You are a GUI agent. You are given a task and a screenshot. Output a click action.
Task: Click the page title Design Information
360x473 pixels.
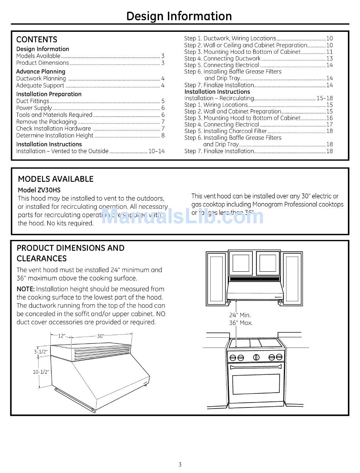[179, 16]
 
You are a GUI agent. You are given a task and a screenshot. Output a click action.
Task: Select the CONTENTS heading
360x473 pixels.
[37, 39]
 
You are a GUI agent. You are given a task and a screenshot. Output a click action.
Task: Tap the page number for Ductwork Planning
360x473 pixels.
[163, 78]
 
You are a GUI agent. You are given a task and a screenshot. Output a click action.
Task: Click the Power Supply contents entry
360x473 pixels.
[34, 108]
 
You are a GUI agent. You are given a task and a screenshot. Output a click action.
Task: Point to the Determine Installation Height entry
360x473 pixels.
[55, 135]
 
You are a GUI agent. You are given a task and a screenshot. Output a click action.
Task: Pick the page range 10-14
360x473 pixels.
[157, 151]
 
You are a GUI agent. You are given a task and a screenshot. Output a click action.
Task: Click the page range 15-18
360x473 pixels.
[324, 98]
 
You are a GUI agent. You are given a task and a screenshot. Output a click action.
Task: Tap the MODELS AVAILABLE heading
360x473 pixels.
[56, 179]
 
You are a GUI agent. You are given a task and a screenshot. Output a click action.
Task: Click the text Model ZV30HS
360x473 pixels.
[39, 190]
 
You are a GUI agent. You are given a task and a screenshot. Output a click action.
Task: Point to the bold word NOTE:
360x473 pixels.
[26, 289]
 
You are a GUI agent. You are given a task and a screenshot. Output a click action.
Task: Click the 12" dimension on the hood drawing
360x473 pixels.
[61, 336]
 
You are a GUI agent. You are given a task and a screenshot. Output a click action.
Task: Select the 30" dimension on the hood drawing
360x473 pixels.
[100, 336]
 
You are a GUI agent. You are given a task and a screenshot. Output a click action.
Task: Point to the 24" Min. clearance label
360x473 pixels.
[240, 315]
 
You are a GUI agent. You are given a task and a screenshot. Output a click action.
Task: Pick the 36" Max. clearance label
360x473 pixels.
[241, 323]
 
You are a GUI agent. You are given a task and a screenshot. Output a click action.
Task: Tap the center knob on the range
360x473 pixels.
[256, 357]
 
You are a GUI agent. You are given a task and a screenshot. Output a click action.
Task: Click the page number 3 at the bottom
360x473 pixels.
[180, 464]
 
